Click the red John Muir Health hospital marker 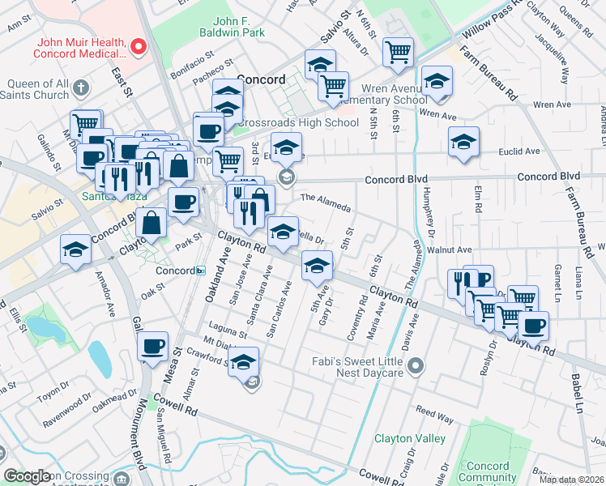pyautogui.click(x=138, y=47)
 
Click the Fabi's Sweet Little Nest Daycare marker pyautogui.click(x=416, y=366)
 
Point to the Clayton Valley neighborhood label pyautogui.click(x=409, y=438)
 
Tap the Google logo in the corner pyautogui.click(x=27, y=476)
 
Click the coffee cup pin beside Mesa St pyautogui.click(x=151, y=347)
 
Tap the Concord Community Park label pyautogui.click(x=489, y=471)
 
